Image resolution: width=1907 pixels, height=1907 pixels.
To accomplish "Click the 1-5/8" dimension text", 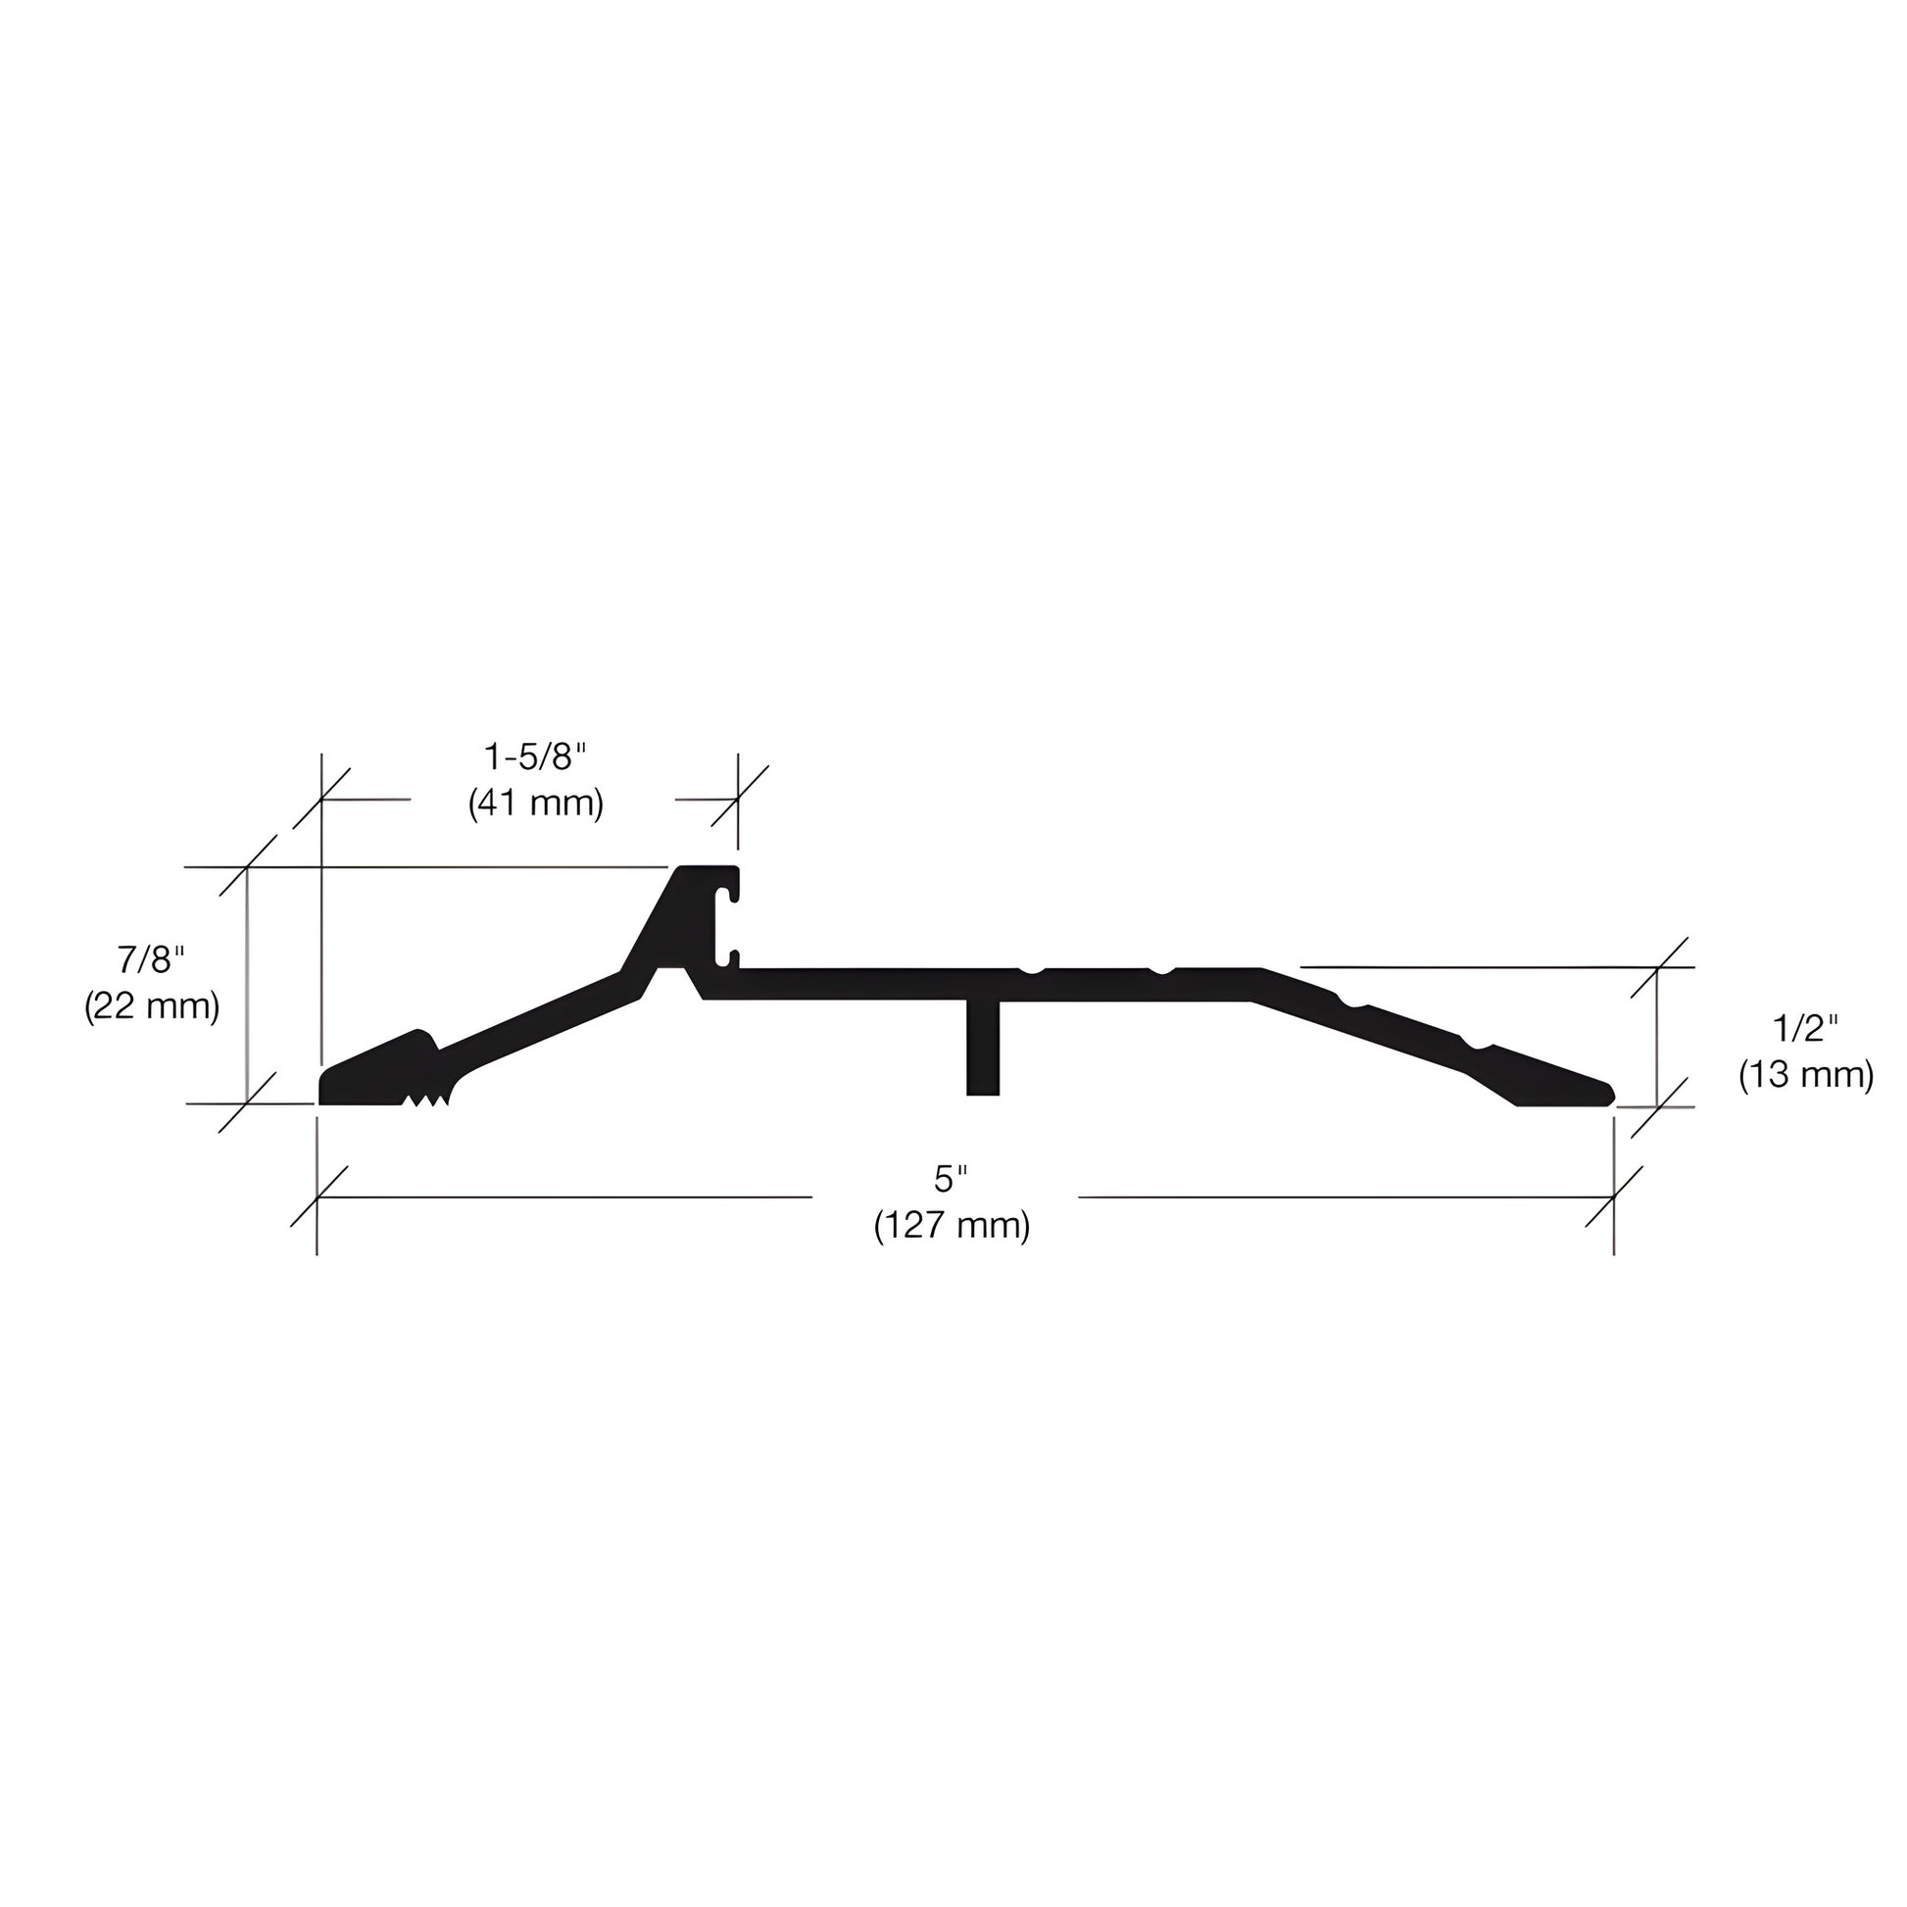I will point(535,758).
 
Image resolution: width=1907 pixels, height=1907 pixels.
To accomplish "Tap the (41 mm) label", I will point(535,803).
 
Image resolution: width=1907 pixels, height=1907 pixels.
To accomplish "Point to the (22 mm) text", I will point(151,1005).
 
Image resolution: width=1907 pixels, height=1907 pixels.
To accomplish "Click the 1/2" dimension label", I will point(1805,1029).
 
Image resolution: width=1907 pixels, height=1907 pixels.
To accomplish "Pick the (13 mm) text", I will point(1805,1074).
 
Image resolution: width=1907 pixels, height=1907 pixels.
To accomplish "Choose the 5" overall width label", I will point(951,1179).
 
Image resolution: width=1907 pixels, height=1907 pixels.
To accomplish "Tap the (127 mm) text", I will point(952,1225).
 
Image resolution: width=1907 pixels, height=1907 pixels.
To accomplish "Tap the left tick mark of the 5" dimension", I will point(318,1198).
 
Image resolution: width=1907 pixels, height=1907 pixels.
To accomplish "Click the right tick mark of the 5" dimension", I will point(1614,1198).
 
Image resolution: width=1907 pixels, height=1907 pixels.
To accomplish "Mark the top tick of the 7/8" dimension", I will point(247,866).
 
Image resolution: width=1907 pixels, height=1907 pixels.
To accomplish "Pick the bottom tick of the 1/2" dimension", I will point(1658,1107).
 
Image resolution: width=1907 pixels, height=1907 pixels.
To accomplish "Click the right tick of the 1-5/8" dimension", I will point(738,798).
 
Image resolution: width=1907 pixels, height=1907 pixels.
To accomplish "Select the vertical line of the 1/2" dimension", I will point(1658,1037).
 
